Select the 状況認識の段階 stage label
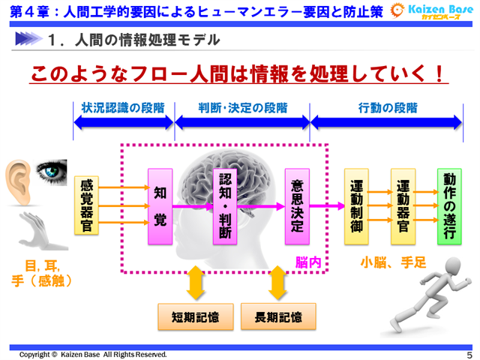pyautogui.click(x=123, y=108)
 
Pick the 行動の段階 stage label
pyautogui.click(x=388, y=108)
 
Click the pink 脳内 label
pyautogui.click(x=309, y=263)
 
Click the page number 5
pyautogui.click(x=469, y=355)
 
